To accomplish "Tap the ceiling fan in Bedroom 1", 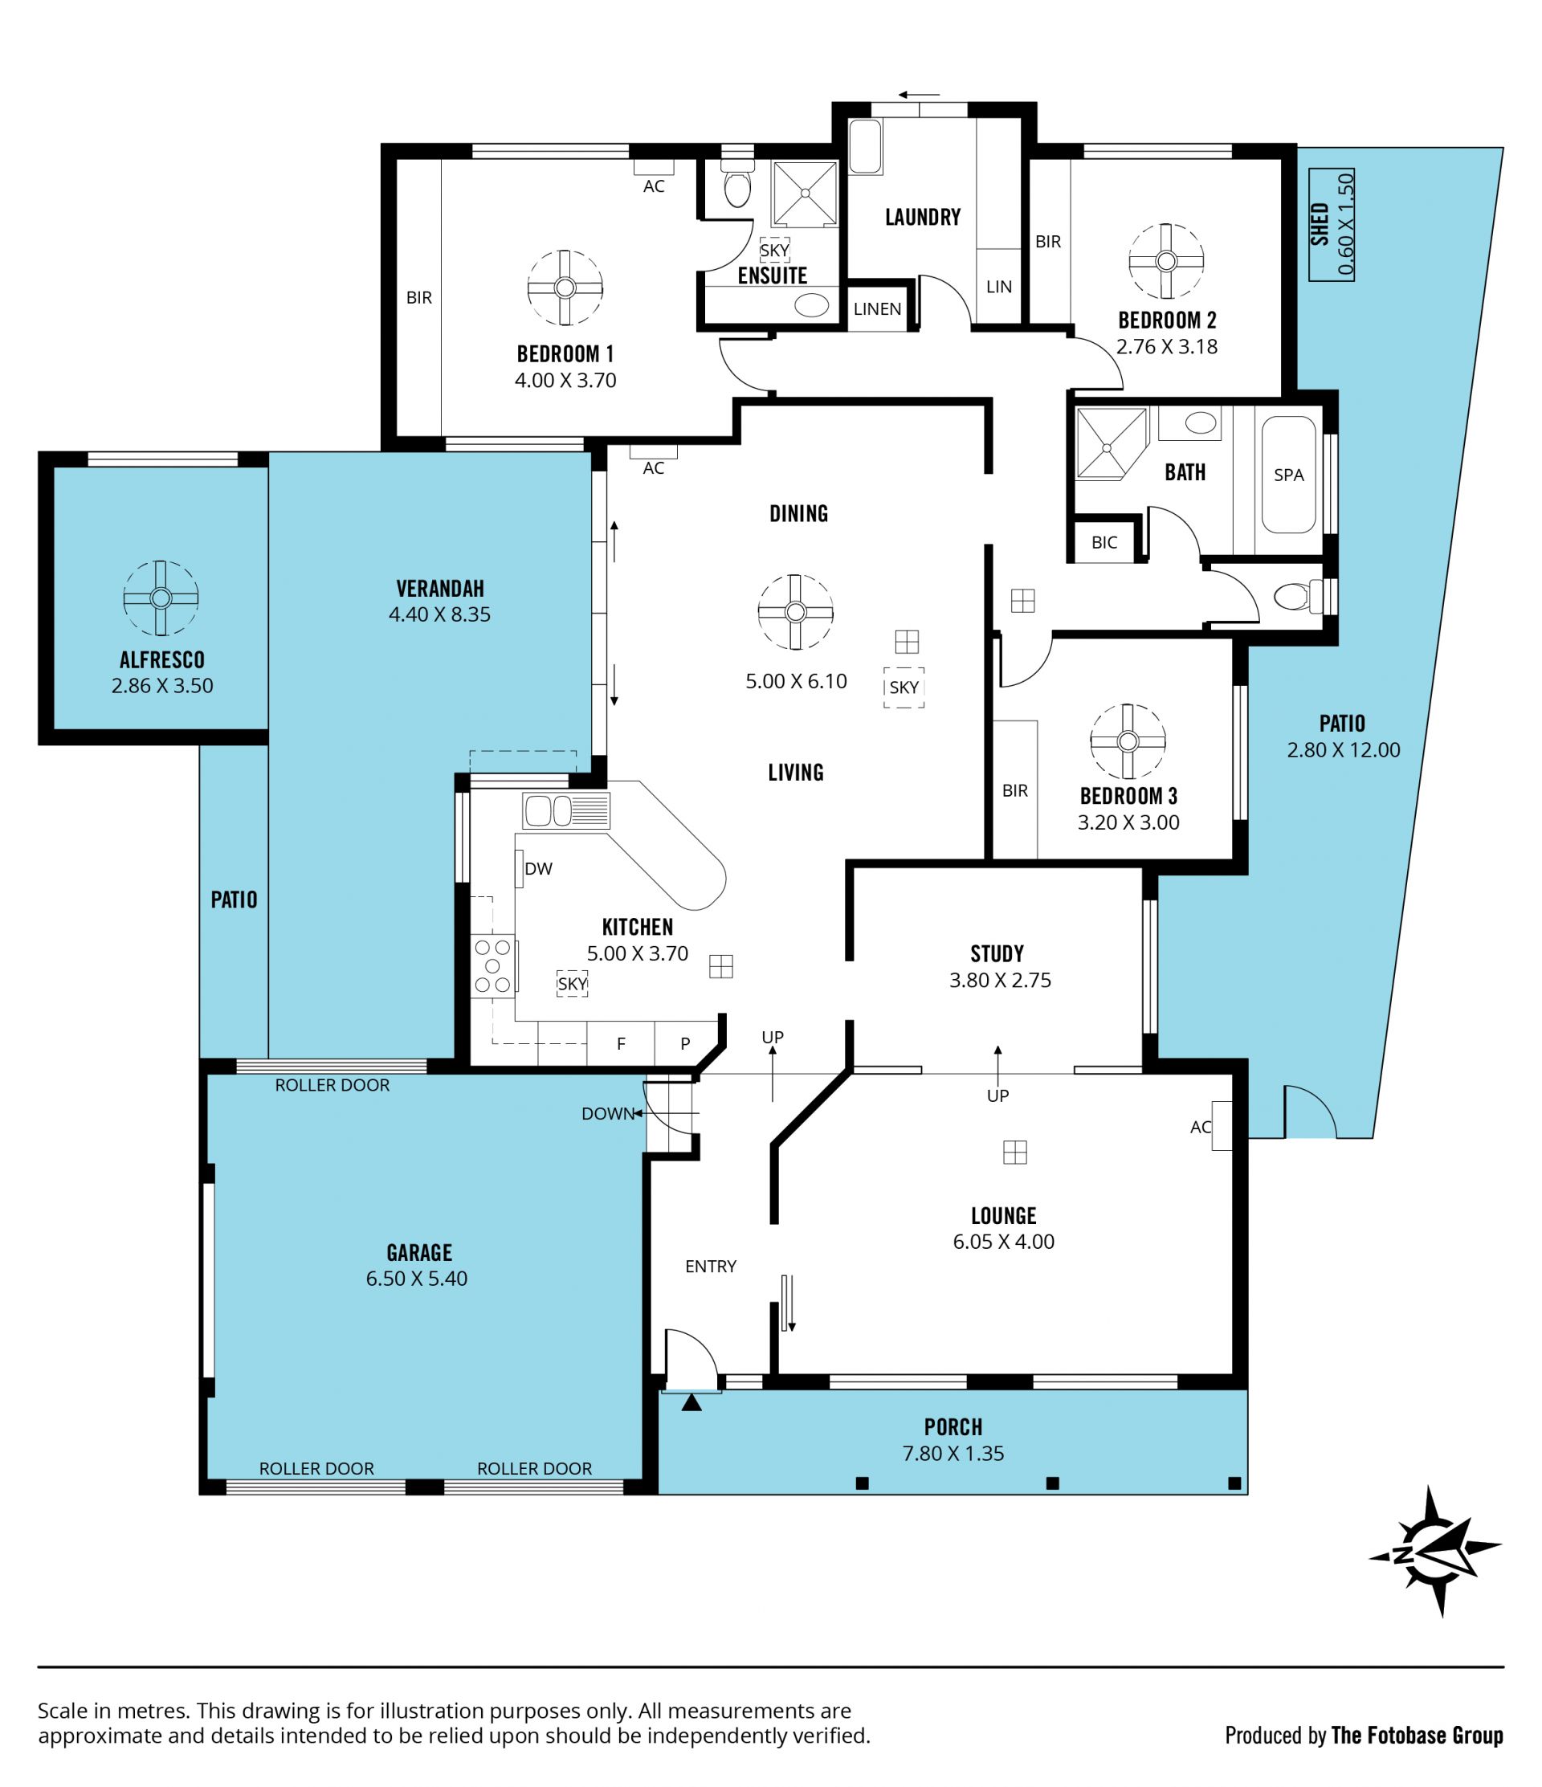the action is (x=565, y=288).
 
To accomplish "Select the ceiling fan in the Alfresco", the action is (x=161, y=598).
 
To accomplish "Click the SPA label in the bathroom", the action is (x=1288, y=475).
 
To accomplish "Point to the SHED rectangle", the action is (x=1331, y=224).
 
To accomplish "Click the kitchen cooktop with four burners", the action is (x=493, y=966).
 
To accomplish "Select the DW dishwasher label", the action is (x=538, y=868).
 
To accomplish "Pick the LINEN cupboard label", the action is (x=877, y=308).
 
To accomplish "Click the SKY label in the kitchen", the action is (x=572, y=984).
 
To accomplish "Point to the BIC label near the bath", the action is (x=1103, y=542).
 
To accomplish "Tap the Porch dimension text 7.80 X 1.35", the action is (x=953, y=1453).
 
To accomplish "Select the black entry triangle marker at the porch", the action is (x=691, y=1403).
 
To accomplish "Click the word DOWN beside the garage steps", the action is (x=608, y=1113).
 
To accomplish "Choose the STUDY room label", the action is (x=997, y=953).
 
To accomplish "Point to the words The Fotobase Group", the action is (x=1417, y=1736).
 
